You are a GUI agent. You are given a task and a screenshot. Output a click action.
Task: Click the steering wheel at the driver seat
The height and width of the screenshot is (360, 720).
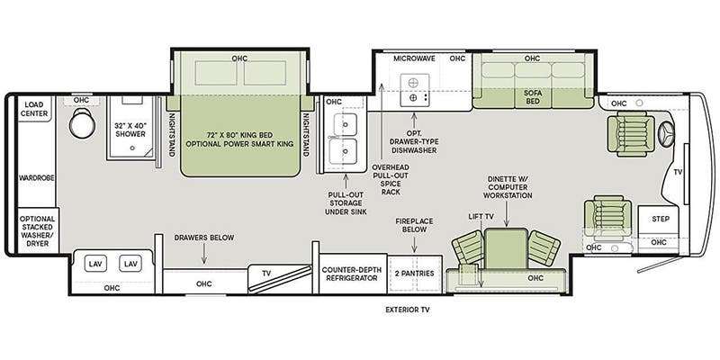(666, 134)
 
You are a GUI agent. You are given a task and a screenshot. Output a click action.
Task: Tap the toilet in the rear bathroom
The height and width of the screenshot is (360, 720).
(83, 122)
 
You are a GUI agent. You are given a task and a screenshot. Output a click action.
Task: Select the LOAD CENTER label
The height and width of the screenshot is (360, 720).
(34, 109)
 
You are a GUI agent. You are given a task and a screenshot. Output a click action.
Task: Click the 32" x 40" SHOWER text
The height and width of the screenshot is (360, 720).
(130, 130)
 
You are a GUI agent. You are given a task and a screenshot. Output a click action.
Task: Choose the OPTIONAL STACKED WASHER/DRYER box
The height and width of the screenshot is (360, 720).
(38, 230)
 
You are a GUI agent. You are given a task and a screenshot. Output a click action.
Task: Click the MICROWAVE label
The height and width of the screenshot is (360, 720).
(414, 58)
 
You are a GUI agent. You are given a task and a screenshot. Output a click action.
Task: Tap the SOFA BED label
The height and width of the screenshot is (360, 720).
(533, 96)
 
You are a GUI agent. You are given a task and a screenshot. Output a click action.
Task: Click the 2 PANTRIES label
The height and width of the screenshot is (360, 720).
(415, 274)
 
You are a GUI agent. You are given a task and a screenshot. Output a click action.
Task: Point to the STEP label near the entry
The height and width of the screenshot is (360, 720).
(661, 219)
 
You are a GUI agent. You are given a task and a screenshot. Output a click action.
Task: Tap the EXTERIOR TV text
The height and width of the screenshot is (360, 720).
(408, 310)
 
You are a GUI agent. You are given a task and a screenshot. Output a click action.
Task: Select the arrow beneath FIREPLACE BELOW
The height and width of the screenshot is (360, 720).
(415, 244)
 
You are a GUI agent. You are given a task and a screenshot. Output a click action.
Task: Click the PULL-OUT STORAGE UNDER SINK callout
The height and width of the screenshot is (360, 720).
(346, 203)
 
